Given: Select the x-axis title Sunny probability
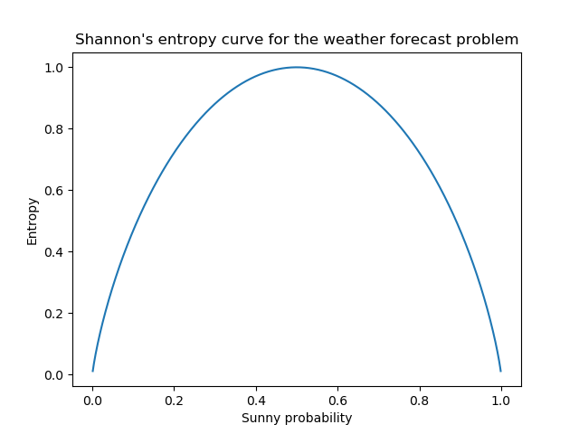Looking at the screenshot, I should click(x=297, y=418).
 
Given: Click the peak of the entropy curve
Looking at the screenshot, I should click(x=297, y=67).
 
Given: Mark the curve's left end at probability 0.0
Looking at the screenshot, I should click(x=93, y=370).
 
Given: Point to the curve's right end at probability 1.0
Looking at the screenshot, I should click(x=500, y=370).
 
